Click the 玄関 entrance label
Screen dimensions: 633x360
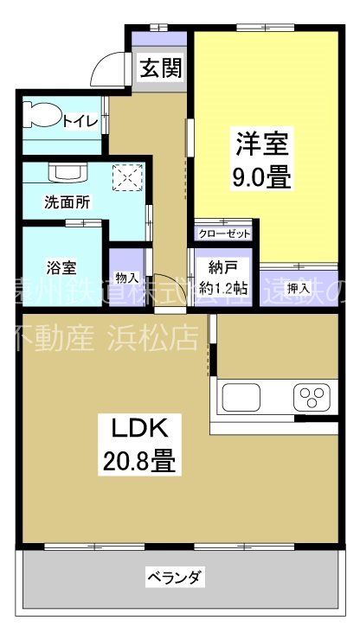[x=162, y=68]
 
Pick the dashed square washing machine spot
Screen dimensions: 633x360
[x=128, y=177]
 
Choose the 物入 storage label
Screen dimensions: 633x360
[x=126, y=278]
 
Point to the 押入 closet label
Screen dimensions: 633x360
[x=298, y=286]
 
